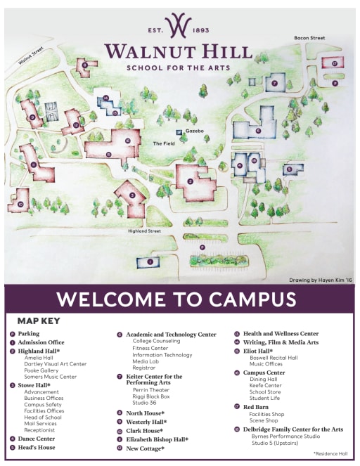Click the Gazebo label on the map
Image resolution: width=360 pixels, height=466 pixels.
point(194,131)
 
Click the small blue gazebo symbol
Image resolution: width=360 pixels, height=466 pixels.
point(179,131)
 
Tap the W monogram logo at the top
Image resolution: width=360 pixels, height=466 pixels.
point(179,25)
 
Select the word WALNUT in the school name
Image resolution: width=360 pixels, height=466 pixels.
point(147,52)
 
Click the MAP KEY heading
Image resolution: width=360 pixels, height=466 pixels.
point(39,321)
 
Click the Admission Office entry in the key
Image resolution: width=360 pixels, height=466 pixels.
point(41,342)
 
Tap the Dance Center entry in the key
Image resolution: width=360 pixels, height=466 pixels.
point(37,438)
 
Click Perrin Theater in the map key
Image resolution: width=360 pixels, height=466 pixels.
point(151,389)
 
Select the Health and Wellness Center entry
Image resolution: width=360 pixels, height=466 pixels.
point(281,333)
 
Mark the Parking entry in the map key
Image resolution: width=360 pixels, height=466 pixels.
point(29,334)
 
